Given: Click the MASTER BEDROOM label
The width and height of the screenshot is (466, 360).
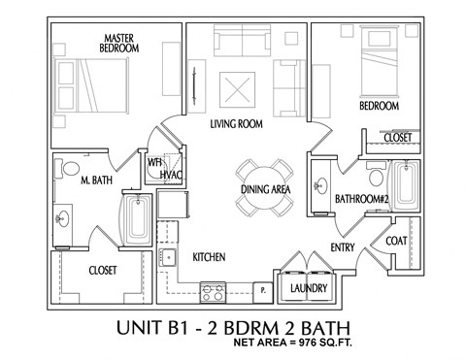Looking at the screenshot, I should (117, 43).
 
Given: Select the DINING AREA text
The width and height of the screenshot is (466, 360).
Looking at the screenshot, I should (265, 190).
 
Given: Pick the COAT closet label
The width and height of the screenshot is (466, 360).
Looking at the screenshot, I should (396, 241).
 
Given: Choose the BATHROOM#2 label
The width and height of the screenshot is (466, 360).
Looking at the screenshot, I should (361, 198).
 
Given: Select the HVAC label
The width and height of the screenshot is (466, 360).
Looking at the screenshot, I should (172, 174).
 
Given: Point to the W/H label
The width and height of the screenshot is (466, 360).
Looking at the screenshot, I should (153, 162).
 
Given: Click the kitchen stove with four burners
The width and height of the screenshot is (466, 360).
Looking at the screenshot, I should (214, 288).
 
